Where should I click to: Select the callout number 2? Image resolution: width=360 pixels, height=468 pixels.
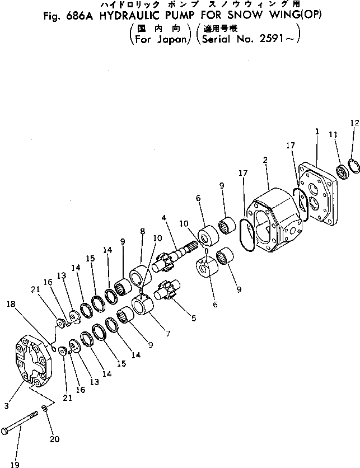265,160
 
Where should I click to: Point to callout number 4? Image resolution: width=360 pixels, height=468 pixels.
165,217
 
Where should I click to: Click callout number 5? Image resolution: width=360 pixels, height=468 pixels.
194,319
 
